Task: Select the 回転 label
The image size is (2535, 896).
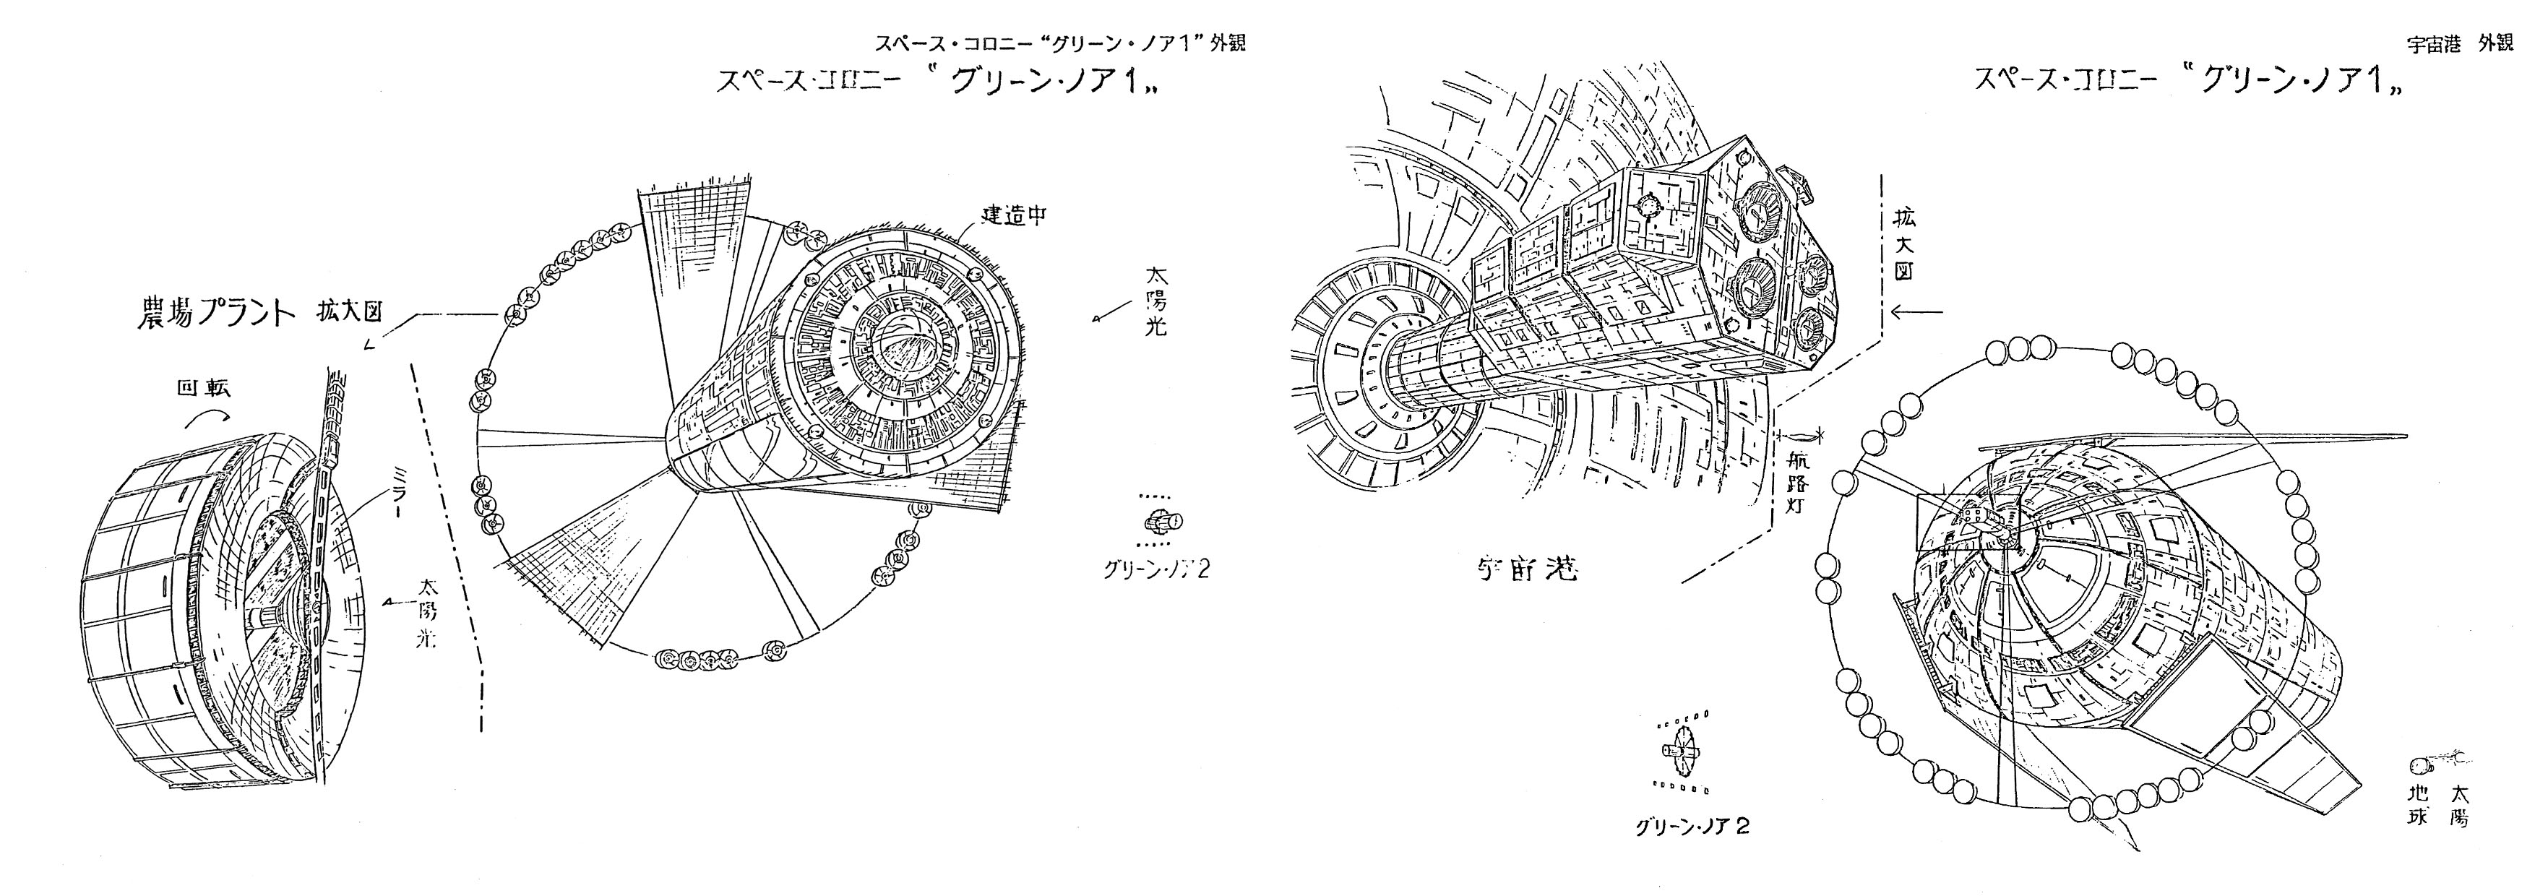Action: point(204,389)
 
